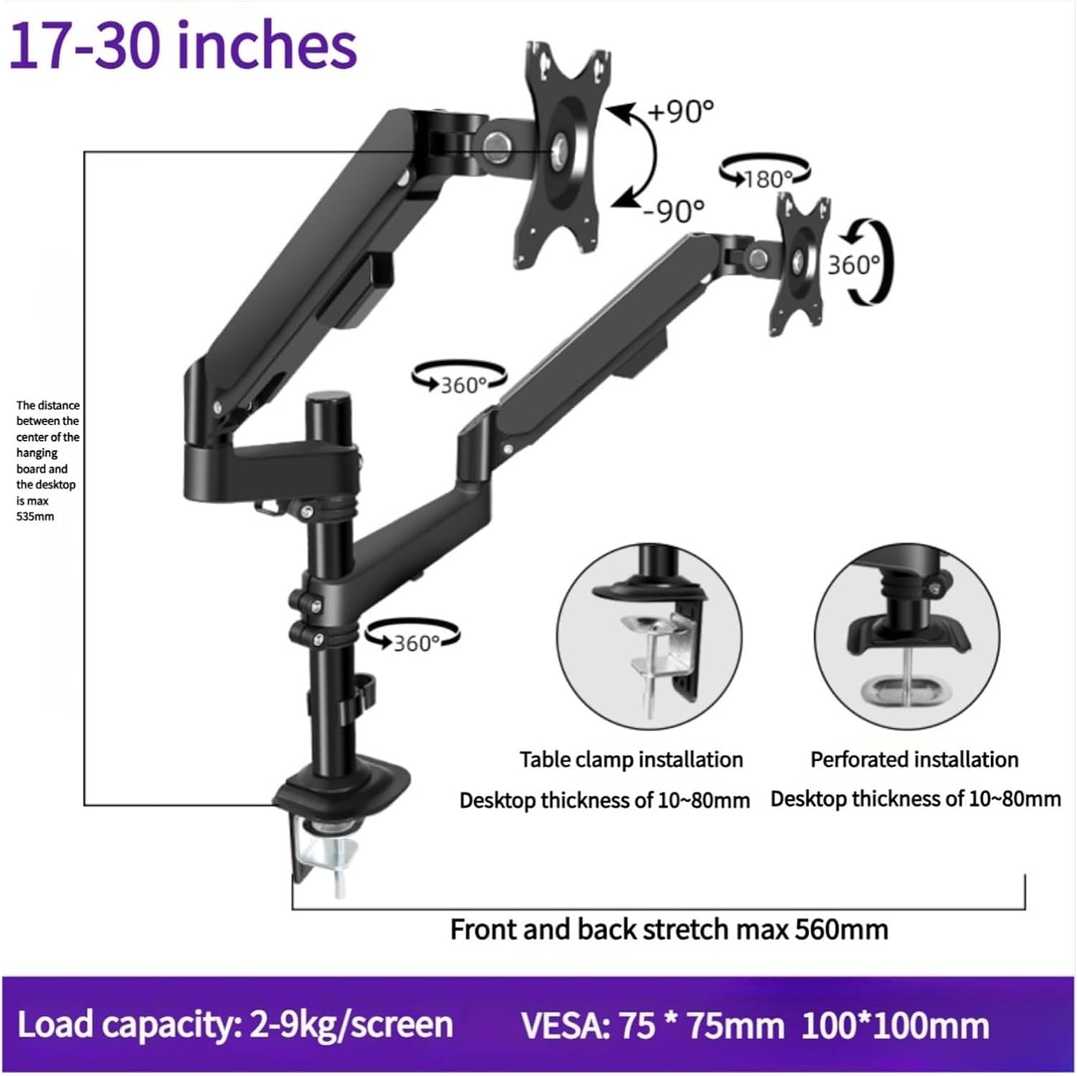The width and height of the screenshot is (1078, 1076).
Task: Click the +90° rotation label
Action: coord(681,111)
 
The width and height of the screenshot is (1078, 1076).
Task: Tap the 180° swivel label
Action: coord(768,178)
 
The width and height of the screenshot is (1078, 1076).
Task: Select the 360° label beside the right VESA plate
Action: coord(854,265)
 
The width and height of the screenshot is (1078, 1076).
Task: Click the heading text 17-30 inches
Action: coord(183,46)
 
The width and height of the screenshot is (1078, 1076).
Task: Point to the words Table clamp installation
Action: coord(631,759)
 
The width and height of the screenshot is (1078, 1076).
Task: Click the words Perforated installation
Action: coord(914,759)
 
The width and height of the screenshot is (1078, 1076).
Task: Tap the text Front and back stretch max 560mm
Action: coord(668,929)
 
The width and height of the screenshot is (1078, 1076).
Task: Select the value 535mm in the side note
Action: coord(35,516)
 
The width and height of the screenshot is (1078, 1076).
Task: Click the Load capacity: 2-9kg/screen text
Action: coord(235,1024)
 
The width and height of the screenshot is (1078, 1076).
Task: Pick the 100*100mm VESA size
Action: coord(895,1025)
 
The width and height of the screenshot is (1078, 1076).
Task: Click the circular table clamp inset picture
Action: coord(649,636)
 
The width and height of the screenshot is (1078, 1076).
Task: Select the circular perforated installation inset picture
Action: coord(906,636)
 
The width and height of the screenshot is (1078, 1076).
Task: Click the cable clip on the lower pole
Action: coord(365,690)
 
